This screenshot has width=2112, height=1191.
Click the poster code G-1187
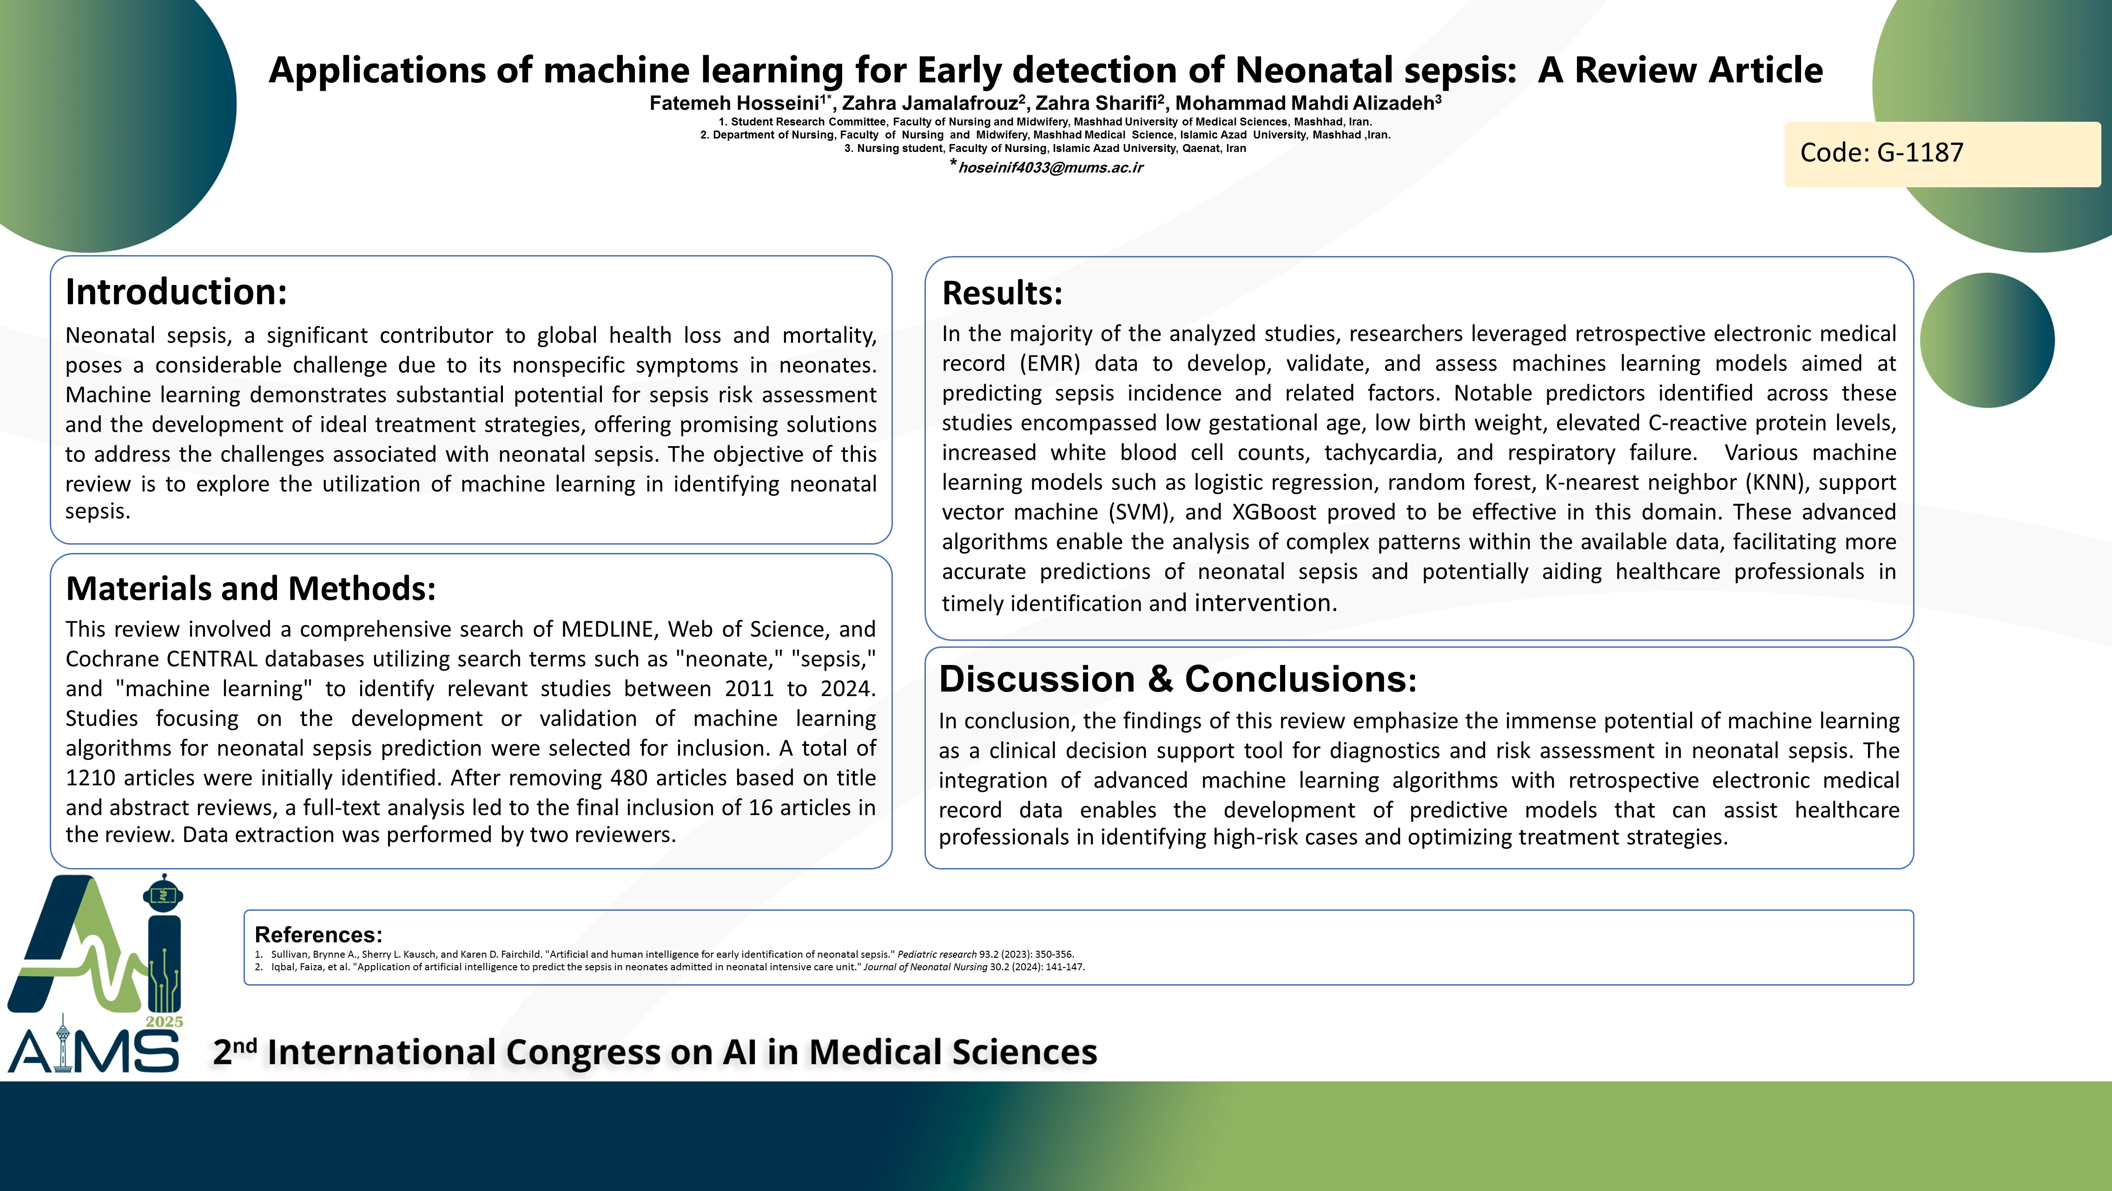pos(1881,152)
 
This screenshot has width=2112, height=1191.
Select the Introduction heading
pos(176,292)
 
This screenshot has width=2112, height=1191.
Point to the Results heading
pos(1002,293)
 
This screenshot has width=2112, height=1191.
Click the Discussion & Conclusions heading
pos(1177,679)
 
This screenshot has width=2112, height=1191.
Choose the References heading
pos(318,934)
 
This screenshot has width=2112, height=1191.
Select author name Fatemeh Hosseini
pos(735,103)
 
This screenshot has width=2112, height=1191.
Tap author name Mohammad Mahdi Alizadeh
pos(1304,103)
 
